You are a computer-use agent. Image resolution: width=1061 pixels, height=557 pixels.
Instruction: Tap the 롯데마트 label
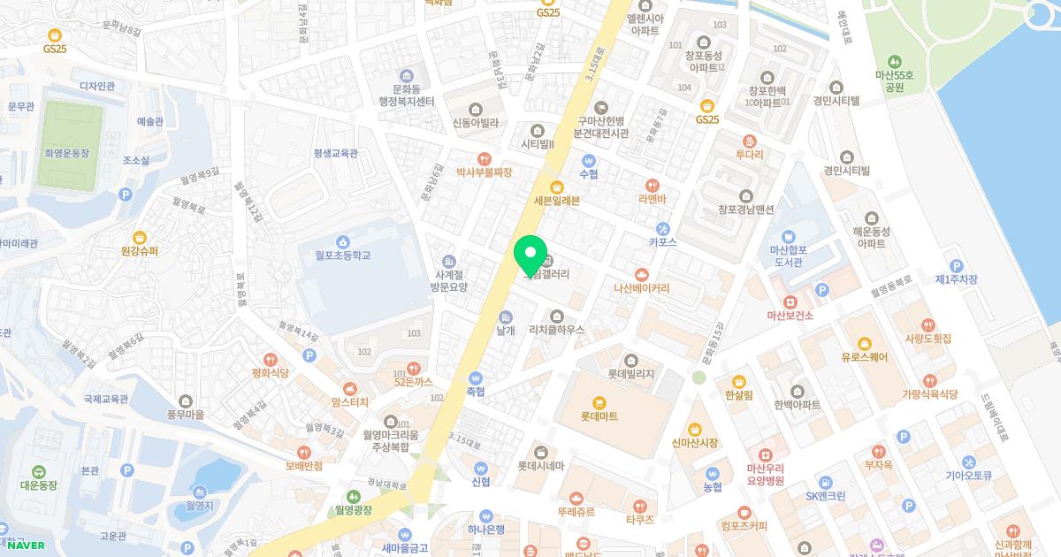(599, 416)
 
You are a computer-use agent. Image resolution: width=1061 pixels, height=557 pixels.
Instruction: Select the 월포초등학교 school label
(342, 256)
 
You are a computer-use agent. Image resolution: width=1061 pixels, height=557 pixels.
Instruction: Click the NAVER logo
(23, 545)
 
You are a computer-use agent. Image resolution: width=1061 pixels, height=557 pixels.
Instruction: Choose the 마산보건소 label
(790, 315)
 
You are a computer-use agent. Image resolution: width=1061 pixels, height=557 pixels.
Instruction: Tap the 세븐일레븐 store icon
(557, 186)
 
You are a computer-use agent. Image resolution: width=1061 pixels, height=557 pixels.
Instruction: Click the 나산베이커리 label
(642, 288)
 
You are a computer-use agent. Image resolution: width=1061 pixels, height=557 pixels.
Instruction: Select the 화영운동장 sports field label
(67, 153)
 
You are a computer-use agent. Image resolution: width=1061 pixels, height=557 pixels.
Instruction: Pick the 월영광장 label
(354, 510)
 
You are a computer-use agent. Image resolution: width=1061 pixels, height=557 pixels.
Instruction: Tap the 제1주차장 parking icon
(955, 265)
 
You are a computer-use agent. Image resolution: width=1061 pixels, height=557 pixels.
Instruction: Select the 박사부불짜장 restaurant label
(484, 172)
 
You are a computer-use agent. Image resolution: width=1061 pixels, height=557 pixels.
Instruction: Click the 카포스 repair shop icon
(663, 228)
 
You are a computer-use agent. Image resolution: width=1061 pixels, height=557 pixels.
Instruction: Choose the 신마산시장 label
(695, 443)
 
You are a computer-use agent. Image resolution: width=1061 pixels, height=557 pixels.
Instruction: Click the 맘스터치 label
(350, 402)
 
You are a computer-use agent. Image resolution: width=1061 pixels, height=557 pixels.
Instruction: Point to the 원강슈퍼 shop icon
(139, 237)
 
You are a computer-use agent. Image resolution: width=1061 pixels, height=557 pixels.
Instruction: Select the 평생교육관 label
(336, 153)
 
